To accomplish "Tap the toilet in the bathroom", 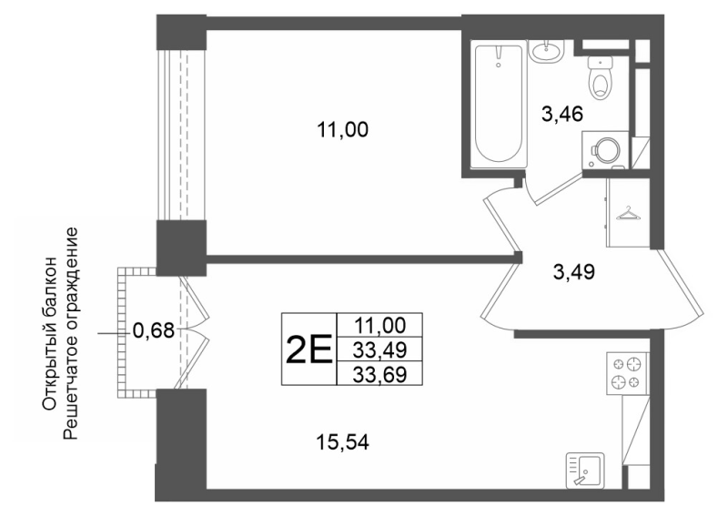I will pyautogui.click(x=600, y=76).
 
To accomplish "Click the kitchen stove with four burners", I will pyautogui.click(x=627, y=371).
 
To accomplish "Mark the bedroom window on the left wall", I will pyautogui.click(x=184, y=132).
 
